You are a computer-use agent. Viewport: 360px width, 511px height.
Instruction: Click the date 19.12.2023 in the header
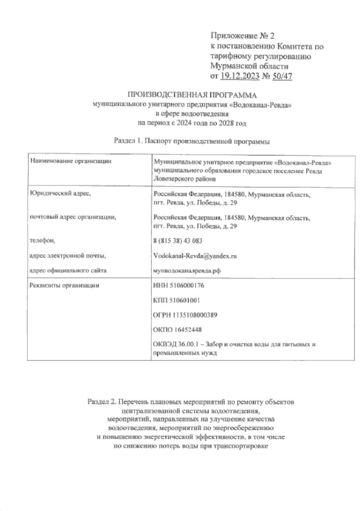[240, 77]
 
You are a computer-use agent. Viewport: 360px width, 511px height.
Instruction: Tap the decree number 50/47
[282, 77]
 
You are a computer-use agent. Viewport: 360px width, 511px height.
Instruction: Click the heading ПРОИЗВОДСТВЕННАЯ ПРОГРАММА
[193, 95]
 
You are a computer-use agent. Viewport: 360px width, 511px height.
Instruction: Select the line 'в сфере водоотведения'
[192, 114]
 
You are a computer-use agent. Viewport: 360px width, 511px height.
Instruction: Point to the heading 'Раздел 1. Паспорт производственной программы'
[192, 141]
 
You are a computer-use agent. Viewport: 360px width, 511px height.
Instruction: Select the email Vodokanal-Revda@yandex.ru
[195, 256]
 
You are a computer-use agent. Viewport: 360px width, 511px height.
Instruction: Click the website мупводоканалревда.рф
[187, 271]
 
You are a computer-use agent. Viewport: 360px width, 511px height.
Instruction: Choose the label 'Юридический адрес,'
[60, 194]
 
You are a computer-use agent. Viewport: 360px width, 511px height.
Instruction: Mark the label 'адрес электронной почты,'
[68, 256]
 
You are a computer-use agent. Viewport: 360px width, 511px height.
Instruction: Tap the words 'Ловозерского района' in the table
[184, 179]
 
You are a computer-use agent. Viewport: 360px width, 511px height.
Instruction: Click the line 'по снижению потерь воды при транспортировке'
[191, 446]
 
